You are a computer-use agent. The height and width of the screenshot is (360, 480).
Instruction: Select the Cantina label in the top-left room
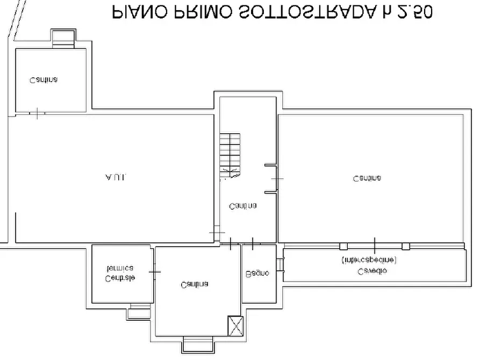point(44,80)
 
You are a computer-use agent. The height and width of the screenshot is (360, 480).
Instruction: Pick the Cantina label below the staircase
point(242,206)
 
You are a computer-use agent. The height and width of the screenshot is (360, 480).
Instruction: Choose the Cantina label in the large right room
point(367,178)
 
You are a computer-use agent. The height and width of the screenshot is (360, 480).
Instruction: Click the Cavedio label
point(372,271)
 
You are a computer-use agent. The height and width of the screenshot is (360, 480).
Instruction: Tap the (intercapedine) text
point(369,261)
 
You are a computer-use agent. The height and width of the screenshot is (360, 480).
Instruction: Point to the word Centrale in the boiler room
point(120,278)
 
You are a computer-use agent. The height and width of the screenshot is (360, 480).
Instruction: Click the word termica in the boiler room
point(120,268)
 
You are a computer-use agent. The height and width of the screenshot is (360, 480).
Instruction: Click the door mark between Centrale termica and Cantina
point(154,272)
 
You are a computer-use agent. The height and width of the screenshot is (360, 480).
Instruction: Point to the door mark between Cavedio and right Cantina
point(375,244)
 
